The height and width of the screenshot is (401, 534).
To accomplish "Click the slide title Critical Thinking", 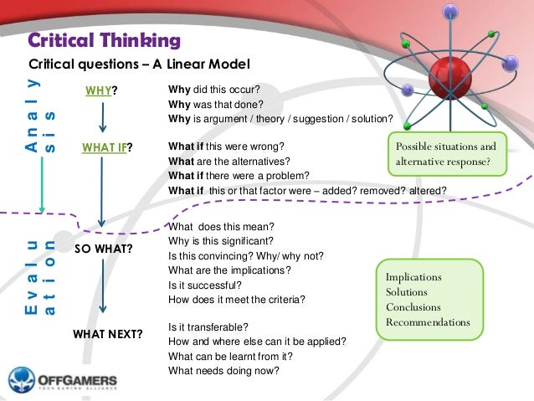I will (x=104, y=40).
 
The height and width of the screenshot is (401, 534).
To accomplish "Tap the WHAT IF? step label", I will (x=108, y=148).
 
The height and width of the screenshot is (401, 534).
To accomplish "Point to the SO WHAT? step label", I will (x=107, y=250).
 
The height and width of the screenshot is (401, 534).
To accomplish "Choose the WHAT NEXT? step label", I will (x=108, y=335).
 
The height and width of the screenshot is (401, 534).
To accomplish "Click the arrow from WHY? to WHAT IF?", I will (x=102, y=120).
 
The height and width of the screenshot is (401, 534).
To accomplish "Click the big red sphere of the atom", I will (x=452, y=80).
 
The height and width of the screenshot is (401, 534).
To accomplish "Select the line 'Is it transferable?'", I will (x=209, y=326).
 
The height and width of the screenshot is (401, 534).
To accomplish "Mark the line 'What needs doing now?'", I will (x=223, y=371).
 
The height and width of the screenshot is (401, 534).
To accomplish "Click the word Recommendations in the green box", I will (x=428, y=322).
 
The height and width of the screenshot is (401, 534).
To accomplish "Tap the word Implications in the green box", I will (x=413, y=277).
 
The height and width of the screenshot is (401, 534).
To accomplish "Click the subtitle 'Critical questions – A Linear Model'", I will (x=140, y=64).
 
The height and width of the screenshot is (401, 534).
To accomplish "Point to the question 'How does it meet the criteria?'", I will (x=237, y=299).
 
